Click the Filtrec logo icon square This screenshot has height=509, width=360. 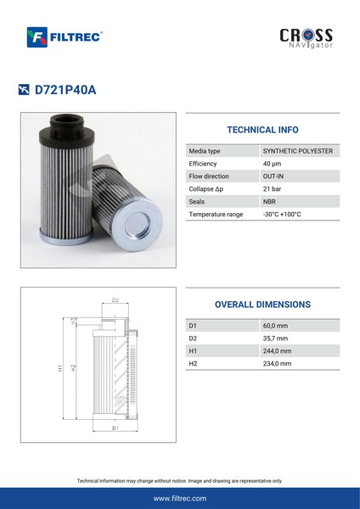tap(37, 37)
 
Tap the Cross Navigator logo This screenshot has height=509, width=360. tap(306, 38)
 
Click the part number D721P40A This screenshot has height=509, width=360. tap(65, 90)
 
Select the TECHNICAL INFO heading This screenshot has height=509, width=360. tap(262, 130)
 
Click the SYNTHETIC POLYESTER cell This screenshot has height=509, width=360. tap(298, 151)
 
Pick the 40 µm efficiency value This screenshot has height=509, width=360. tap(272, 164)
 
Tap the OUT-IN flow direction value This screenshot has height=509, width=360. tap(273, 176)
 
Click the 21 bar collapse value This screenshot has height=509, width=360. tap(272, 189)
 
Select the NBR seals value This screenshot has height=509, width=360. tap(269, 202)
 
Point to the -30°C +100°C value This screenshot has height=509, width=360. tap(282, 215)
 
